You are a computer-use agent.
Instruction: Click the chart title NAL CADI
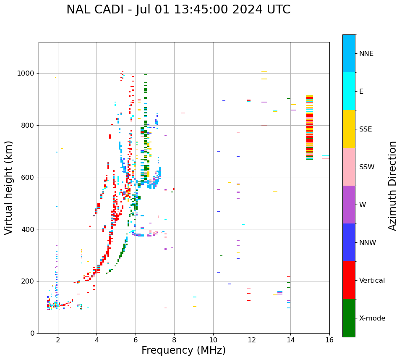coord(178,10)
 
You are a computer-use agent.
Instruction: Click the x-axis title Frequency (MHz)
coord(183,350)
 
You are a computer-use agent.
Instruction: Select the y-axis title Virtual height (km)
coord(9,188)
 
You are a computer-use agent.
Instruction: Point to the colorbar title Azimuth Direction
coord(392,186)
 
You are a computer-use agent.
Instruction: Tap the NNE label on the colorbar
coord(366,54)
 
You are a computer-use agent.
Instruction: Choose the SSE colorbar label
coord(365,129)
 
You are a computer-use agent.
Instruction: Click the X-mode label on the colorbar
coord(372,318)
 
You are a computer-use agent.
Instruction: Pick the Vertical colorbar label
coord(372,281)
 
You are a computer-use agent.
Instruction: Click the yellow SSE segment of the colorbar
coord(349,129)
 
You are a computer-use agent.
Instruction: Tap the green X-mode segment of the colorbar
coord(349,318)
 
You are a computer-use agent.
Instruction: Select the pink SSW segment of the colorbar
coord(349,167)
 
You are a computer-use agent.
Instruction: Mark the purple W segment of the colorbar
coord(349,205)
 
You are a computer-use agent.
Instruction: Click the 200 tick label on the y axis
coord(29,281)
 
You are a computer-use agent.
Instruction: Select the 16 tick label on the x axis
coord(329,340)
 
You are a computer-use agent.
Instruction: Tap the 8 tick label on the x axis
coord(174,340)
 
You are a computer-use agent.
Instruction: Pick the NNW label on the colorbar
coord(367,243)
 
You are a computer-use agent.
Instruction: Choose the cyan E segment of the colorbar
coord(349,91)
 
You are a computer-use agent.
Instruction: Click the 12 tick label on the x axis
coord(252,340)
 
